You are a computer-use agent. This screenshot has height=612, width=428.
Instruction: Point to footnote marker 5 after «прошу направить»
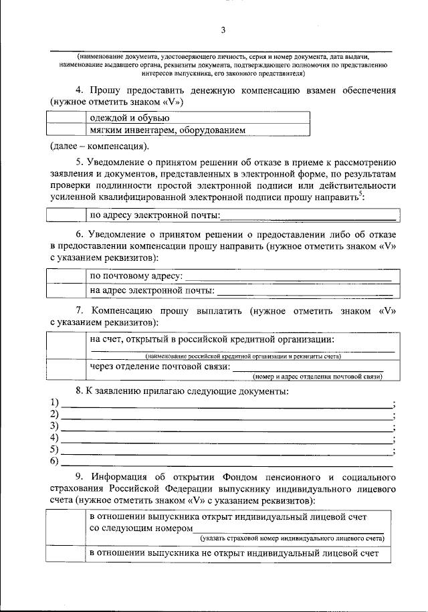(x=360, y=194)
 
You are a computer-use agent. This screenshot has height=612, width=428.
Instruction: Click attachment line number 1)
(x=227, y=404)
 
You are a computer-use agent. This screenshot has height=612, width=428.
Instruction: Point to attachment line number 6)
(x=227, y=462)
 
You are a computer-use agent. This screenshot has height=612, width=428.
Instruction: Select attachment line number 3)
(x=227, y=427)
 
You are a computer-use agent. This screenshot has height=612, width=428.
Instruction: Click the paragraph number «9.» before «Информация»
(x=80, y=476)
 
